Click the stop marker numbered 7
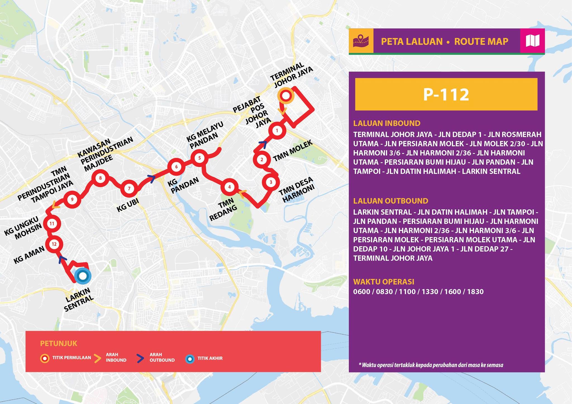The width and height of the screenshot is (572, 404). (129, 189)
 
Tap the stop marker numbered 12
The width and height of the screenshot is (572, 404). (54, 244)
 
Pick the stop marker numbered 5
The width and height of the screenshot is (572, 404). (199, 158)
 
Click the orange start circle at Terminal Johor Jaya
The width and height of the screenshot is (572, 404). (285, 96)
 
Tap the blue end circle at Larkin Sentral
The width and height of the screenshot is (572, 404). (83, 276)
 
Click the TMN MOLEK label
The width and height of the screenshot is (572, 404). (292, 151)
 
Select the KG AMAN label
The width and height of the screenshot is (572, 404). (29, 255)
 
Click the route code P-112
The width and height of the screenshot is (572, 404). (446, 94)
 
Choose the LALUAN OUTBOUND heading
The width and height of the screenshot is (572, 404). (390, 201)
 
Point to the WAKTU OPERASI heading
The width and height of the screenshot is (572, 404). (383, 281)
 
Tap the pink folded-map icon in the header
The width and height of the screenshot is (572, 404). (532, 41)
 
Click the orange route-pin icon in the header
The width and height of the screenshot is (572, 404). (361, 41)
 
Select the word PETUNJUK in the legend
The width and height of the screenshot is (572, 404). (59, 343)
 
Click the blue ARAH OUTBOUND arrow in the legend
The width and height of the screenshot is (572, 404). (140, 358)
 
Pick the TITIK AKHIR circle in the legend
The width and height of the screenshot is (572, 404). (190, 359)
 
